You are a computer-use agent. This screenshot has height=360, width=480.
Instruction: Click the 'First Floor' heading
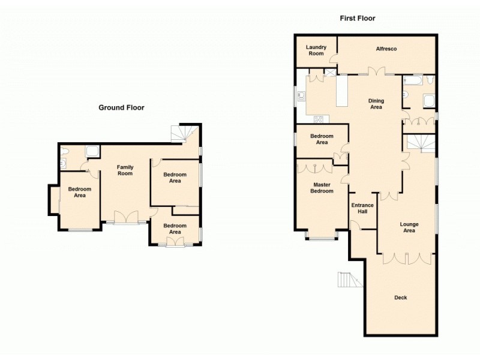(x=358, y=19)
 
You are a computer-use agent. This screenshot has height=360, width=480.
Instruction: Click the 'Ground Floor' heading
(x=121, y=108)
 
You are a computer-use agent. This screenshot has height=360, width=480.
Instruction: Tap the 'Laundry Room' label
(x=316, y=50)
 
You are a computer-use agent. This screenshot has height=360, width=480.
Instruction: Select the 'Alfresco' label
(x=387, y=49)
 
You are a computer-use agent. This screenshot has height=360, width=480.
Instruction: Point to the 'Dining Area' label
(x=376, y=104)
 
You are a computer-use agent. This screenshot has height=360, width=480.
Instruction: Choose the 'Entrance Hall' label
(x=362, y=209)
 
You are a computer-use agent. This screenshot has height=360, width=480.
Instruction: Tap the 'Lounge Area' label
(x=409, y=227)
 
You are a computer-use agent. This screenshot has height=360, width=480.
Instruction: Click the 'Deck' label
(x=400, y=298)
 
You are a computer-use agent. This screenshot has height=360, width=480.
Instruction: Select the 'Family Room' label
(x=125, y=170)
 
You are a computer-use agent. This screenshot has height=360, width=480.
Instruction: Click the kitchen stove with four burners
(x=319, y=118)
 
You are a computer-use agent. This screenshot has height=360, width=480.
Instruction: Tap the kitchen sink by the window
(x=301, y=97)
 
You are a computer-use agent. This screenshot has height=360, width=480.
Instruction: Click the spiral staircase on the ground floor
(x=181, y=133)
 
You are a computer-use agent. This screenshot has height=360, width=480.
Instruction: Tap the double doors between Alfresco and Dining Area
(x=376, y=72)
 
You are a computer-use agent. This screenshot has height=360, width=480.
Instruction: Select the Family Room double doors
(x=126, y=217)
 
